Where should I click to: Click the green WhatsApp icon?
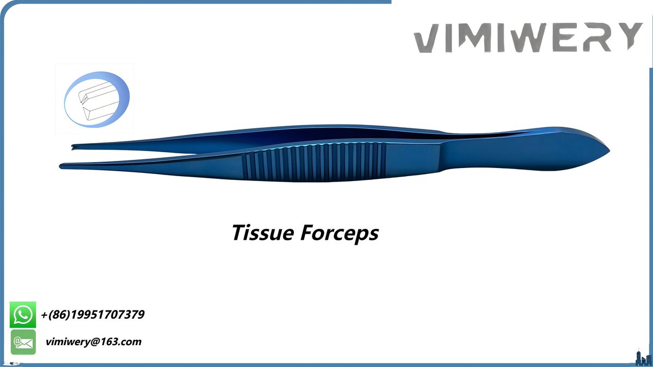point(23,315)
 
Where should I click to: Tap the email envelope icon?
point(23,342)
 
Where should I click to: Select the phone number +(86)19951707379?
point(93,315)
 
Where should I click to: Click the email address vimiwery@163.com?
point(94,342)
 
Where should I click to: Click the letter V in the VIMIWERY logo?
point(430,38)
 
